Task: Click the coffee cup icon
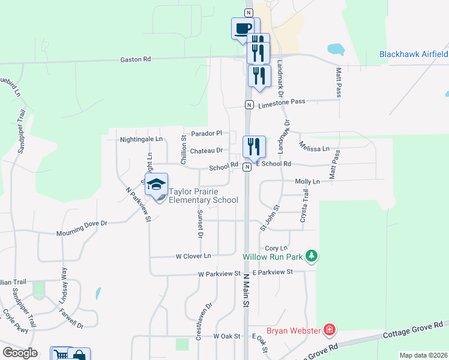point(243,28)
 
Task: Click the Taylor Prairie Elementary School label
point(203,196)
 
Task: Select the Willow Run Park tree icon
point(311,256)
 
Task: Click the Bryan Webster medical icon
point(328,330)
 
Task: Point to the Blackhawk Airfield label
point(413,54)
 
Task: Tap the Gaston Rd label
point(135,59)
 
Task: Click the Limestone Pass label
point(282,103)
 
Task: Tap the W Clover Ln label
point(193,256)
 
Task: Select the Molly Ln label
point(307,181)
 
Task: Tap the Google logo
point(20,353)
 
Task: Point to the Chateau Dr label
point(206,151)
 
